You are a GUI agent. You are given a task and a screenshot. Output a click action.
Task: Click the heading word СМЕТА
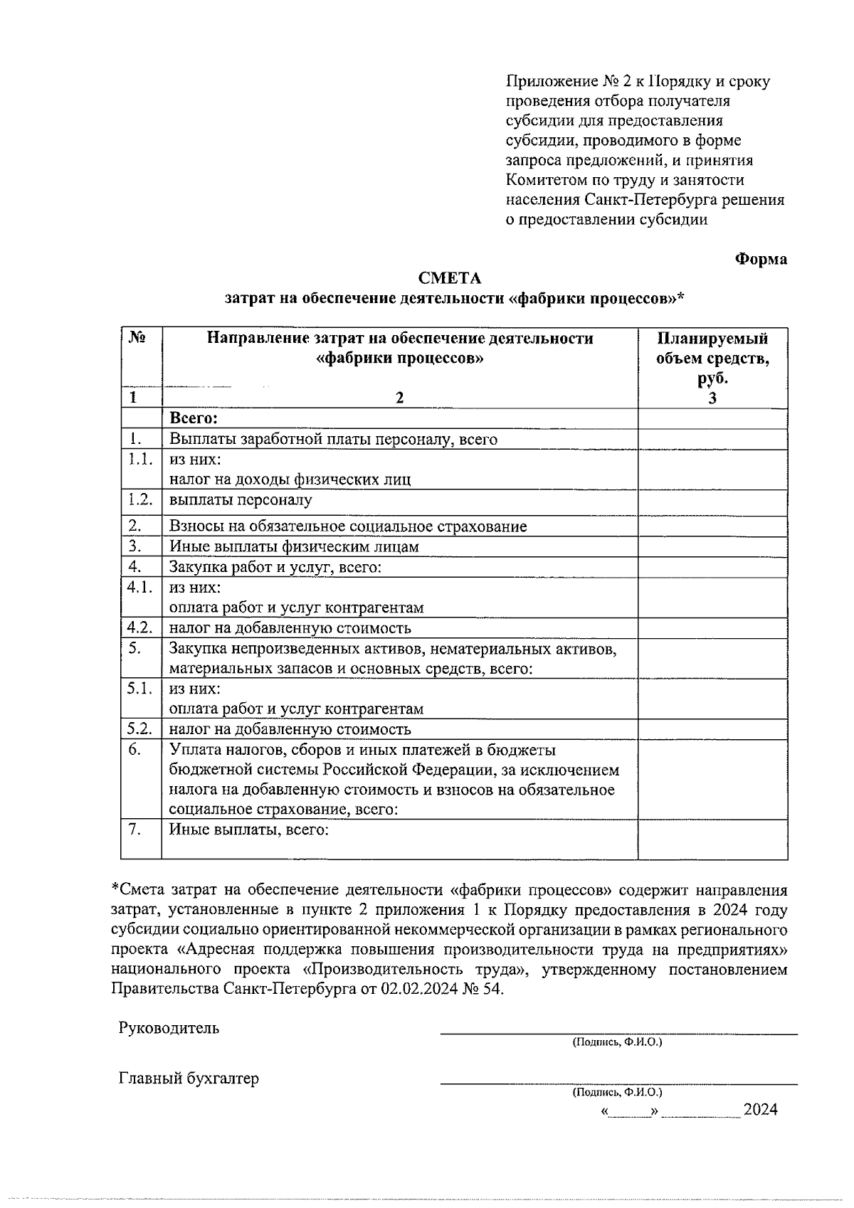click(x=450, y=277)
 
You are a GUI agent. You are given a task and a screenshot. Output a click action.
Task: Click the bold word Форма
click(x=760, y=259)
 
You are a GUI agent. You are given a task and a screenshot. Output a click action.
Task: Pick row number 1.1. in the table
click(x=140, y=460)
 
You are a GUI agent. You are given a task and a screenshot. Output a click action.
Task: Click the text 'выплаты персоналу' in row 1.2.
click(x=241, y=500)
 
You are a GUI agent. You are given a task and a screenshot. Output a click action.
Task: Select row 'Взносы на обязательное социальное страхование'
click(x=348, y=526)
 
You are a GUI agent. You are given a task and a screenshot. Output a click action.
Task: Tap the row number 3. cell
click(x=136, y=546)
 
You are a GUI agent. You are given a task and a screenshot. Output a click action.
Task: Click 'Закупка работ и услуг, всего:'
click(x=275, y=567)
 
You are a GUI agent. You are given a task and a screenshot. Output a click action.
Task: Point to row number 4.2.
click(x=140, y=627)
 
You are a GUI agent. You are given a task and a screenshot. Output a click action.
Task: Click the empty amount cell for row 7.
click(x=712, y=839)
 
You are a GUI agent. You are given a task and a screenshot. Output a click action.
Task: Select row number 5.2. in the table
click(x=140, y=728)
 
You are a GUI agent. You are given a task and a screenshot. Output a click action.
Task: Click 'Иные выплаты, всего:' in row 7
click(x=248, y=830)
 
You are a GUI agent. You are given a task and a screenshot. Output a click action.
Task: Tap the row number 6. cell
click(x=135, y=750)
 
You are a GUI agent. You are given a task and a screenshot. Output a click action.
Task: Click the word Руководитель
click(x=169, y=1028)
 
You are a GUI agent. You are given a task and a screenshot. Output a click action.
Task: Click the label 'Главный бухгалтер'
click(x=189, y=1079)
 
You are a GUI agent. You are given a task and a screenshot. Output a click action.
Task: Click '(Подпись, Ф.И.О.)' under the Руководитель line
click(x=617, y=1042)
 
